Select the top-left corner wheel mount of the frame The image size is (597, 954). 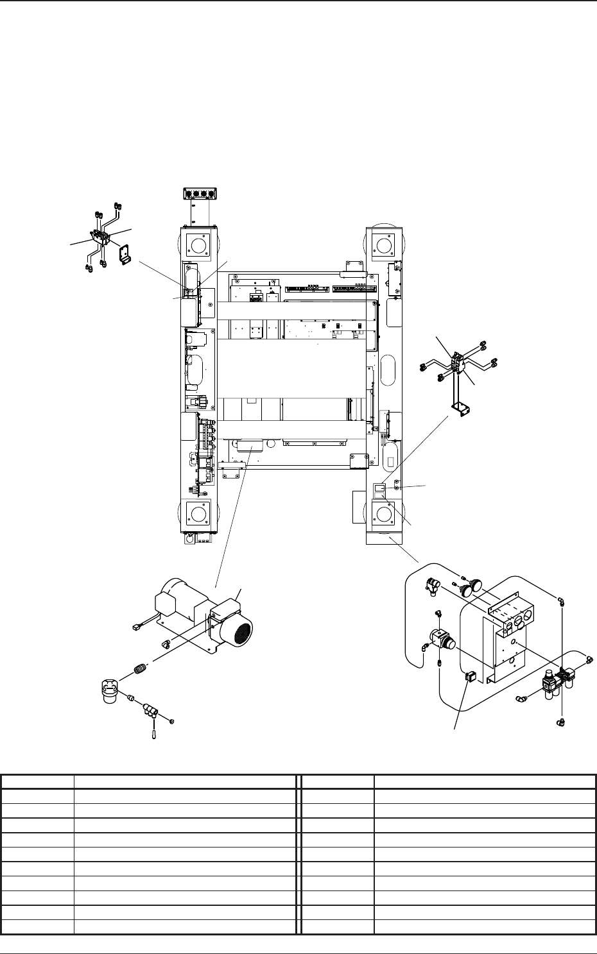click(198, 244)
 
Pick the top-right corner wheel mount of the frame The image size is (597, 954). click(384, 244)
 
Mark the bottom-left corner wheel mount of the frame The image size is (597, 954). click(198, 514)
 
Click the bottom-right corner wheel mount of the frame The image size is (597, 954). click(384, 514)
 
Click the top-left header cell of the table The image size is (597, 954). click(37, 781)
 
